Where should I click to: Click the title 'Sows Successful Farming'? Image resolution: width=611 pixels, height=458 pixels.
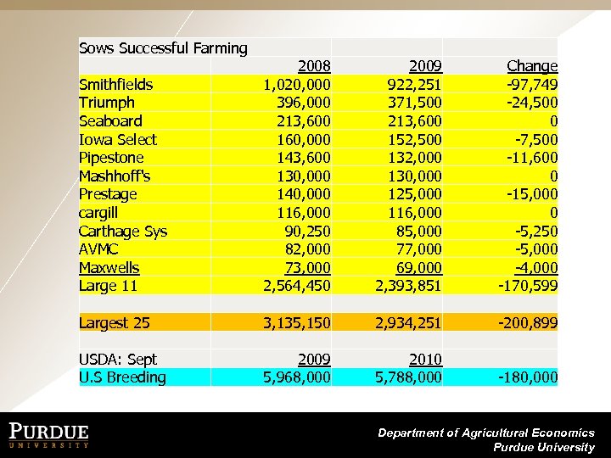pyautogui.click(x=163, y=48)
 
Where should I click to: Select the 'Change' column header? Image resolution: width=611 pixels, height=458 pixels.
pyautogui.click(x=532, y=66)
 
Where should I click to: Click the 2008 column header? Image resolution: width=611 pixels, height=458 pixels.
pyautogui.click(x=314, y=66)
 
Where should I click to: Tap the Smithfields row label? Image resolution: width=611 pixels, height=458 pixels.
pyautogui.click(x=115, y=84)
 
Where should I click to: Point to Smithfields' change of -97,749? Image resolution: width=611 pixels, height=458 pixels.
pyautogui.click(x=529, y=84)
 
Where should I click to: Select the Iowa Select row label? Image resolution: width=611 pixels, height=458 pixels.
pyautogui.click(x=117, y=139)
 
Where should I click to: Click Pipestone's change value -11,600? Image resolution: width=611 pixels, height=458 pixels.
pyautogui.click(x=529, y=158)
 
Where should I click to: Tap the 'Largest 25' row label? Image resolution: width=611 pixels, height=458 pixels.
pyautogui.click(x=114, y=323)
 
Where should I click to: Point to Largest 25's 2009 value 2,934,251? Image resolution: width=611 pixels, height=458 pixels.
pyautogui.click(x=408, y=323)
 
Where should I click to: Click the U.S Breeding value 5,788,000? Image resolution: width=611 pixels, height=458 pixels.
pyautogui.click(x=408, y=377)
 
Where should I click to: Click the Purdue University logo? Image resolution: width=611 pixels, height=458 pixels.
pyautogui.click(x=49, y=434)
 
